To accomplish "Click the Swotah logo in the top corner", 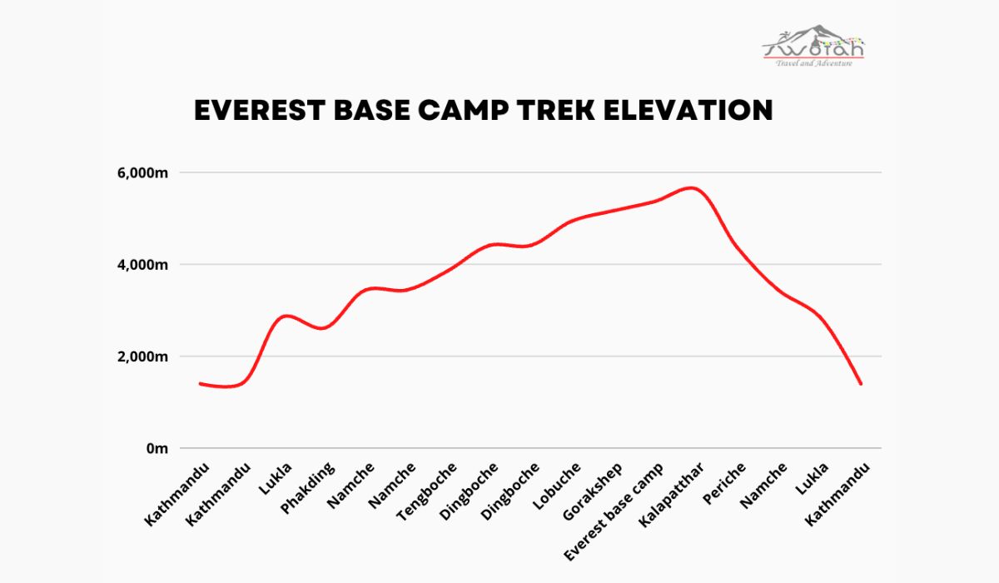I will click(814, 46).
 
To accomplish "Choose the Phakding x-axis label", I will click(308, 488).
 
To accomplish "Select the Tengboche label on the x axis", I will click(427, 491).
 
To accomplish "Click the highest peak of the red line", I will click(691, 188).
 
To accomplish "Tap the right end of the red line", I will click(861, 384).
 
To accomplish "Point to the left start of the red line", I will click(200, 383).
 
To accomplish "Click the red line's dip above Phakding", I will click(323, 328).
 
